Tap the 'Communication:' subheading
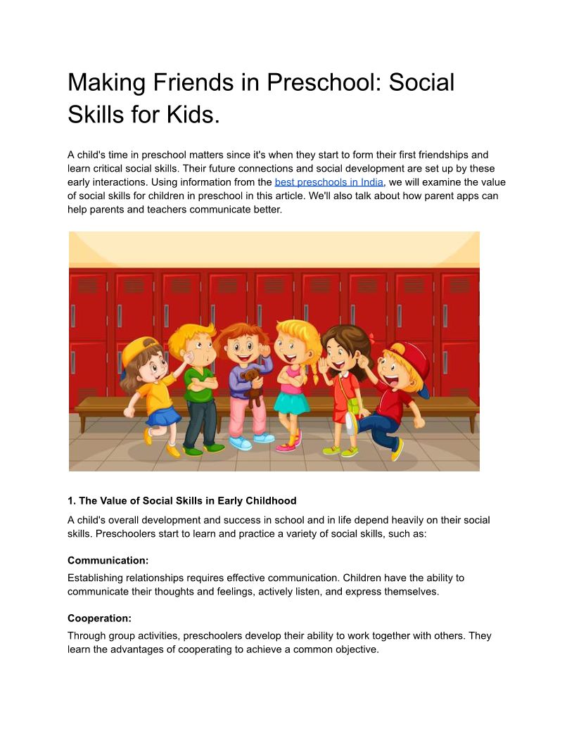point(108,561)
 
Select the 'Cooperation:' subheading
point(99,618)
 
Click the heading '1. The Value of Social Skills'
point(181,501)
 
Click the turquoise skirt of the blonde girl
point(291,402)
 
